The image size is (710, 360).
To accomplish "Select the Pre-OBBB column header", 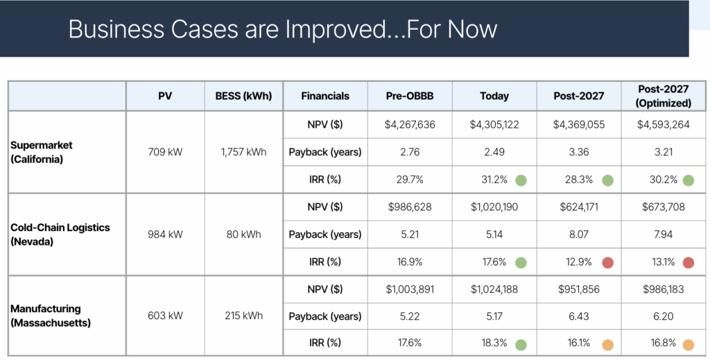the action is click(x=410, y=96).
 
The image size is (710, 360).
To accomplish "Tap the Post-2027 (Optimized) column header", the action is click(x=664, y=96).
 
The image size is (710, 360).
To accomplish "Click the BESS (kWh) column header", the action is click(x=243, y=96).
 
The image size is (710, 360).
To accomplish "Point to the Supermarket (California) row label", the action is click(x=41, y=152).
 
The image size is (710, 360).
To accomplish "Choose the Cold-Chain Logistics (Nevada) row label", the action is click(x=60, y=234).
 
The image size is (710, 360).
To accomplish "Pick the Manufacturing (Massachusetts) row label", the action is click(x=50, y=316).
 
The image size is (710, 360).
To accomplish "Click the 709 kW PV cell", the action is click(x=165, y=152).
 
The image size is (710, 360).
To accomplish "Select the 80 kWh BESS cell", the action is click(x=243, y=234).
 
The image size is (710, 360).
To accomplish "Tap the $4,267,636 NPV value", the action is click(x=410, y=125).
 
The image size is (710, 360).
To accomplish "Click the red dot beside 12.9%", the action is click(x=607, y=262).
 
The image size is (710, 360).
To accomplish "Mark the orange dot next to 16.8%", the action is click(x=689, y=345).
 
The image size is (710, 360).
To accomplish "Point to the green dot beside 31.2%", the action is click(x=521, y=180).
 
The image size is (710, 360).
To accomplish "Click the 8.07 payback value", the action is click(x=579, y=234).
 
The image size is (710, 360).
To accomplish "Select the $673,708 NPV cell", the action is click(x=664, y=207).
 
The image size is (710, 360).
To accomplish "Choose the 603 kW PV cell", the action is click(x=165, y=316).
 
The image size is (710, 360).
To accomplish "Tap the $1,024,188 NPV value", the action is click(x=494, y=289).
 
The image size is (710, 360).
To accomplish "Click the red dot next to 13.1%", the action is click(x=689, y=262).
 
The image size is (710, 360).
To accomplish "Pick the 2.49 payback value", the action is click(x=494, y=152).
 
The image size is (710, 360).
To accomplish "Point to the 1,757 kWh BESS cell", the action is click(x=243, y=152).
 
